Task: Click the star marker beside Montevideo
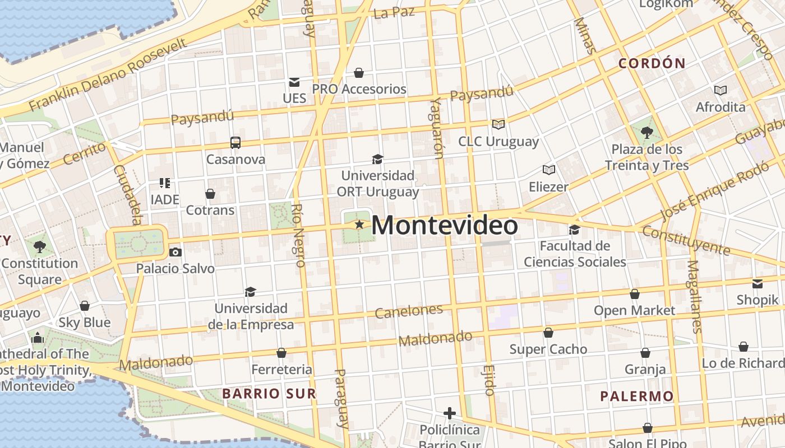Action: click(359, 225)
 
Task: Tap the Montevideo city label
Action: click(444, 225)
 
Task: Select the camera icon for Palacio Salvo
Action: click(176, 253)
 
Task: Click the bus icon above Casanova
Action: click(235, 143)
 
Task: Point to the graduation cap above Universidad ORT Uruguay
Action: click(377, 160)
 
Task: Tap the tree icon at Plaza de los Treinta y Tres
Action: click(647, 133)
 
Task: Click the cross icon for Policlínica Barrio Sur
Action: click(449, 414)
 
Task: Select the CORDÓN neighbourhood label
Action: click(652, 63)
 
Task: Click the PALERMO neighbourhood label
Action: click(637, 397)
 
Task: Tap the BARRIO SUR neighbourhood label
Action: click(269, 394)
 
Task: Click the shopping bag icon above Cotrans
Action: click(210, 194)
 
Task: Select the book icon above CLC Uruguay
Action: click(498, 124)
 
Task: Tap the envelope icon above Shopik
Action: click(758, 284)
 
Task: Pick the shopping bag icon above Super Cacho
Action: click(548, 333)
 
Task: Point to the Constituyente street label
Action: click(686, 240)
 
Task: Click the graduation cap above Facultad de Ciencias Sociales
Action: click(574, 230)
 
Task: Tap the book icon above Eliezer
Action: click(548, 170)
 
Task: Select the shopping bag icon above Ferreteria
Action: click(281, 353)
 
